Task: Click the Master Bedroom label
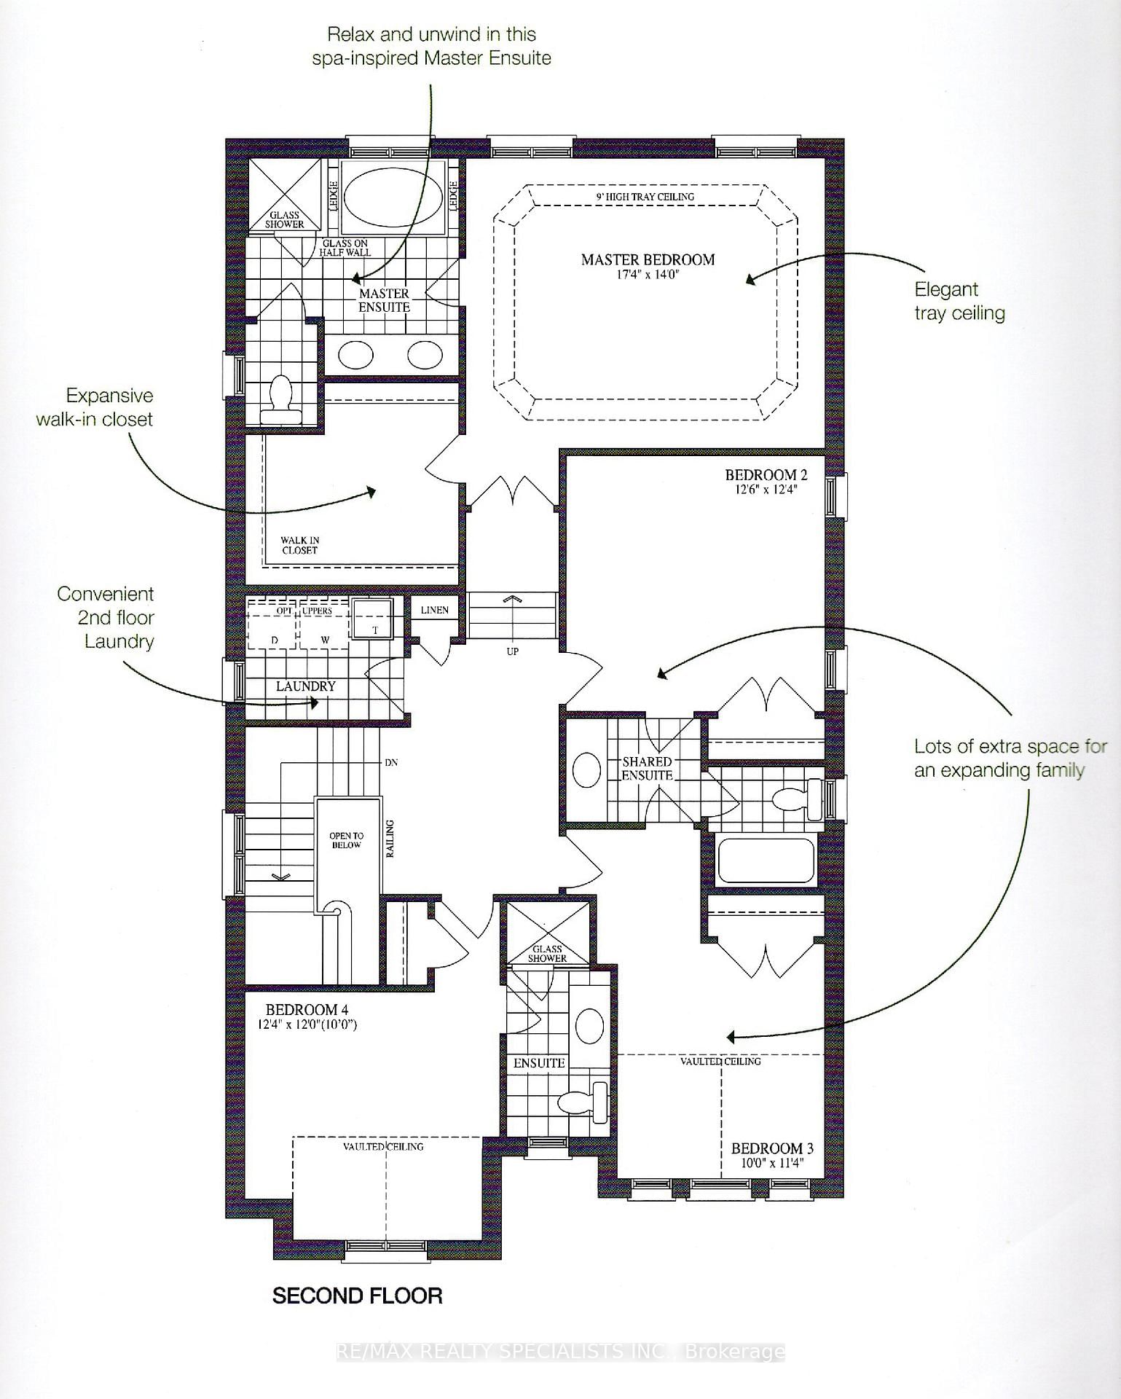coord(648,259)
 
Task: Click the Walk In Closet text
coord(300,546)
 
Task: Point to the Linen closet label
coord(434,610)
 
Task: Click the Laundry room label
coord(305,686)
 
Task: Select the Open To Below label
coord(346,840)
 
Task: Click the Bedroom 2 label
coord(766,475)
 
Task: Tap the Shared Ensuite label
coord(647,769)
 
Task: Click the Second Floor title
coord(357,1296)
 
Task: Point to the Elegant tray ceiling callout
coord(959,301)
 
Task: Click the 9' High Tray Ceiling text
coord(645,197)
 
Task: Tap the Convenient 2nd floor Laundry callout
coord(106,618)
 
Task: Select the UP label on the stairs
coord(513,651)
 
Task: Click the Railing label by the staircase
coord(390,838)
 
